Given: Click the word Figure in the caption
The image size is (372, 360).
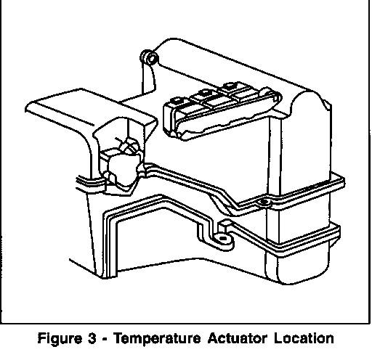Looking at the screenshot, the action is pos(60,339).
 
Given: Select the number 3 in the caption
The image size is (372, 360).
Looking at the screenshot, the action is pos(92,338).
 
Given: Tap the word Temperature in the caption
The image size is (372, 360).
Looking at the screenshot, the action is pos(158,339).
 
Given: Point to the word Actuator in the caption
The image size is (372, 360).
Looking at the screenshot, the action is pos(238,338).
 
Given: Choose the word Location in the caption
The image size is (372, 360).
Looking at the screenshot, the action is pos(304,338).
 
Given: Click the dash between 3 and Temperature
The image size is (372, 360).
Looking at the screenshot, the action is pos(105,339).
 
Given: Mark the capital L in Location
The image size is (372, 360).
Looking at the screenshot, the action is pos(278,338).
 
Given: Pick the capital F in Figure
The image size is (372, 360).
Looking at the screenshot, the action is pos(41,338).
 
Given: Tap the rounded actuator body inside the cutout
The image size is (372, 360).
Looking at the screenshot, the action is pos(124,169).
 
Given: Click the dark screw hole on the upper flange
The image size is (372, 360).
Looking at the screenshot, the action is pos(264,202).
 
